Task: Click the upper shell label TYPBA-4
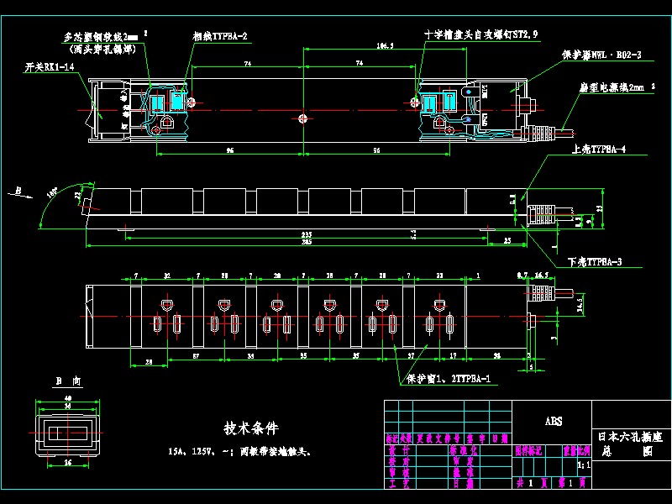point(597,149)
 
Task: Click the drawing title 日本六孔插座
point(629,437)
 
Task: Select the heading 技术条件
point(251,428)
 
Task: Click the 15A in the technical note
point(176,451)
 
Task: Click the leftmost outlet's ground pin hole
point(166,303)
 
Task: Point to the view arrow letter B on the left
point(18,191)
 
